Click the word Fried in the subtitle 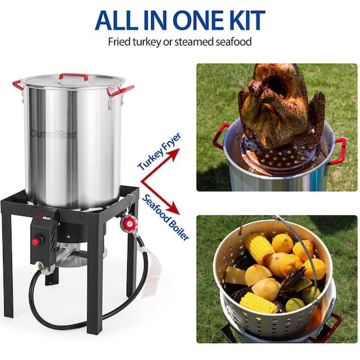point(119,42)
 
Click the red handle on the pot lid point(73,76)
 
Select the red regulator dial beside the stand point(128,224)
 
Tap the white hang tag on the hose point(152,273)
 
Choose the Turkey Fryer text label point(159,152)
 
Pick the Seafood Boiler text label point(166,217)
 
